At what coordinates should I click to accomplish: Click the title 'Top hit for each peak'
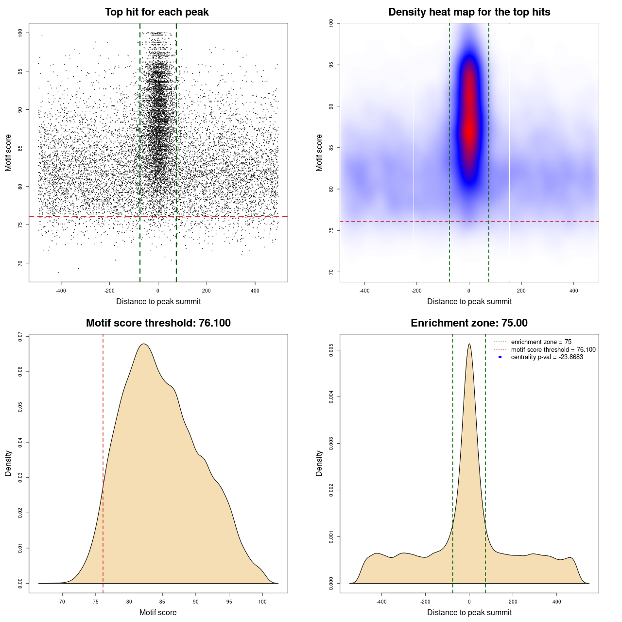click(x=156, y=12)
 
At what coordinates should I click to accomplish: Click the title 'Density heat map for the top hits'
click(x=469, y=12)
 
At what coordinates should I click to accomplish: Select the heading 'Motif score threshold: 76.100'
click(x=158, y=323)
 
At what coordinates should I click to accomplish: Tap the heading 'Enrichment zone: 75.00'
click(x=469, y=323)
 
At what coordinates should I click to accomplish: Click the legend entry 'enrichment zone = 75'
click(x=541, y=342)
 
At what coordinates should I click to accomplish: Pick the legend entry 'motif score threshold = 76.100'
click(x=553, y=349)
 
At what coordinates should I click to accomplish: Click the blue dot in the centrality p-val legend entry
click(x=500, y=357)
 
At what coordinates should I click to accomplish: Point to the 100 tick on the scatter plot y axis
click(x=20, y=33)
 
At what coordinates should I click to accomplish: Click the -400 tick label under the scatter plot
click(x=61, y=291)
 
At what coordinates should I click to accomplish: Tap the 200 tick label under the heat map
click(x=521, y=291)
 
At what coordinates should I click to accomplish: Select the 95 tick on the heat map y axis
click(x=331, y=65)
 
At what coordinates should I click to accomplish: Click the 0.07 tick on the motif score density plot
click(x=20, y=336)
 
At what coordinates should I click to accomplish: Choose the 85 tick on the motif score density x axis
click(x=162, y=602)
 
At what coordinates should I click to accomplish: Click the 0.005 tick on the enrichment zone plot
click(x=331, y=350)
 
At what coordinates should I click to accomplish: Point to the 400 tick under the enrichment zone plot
click(x=557, y=602)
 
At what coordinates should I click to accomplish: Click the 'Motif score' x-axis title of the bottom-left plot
click(x=158, y=612)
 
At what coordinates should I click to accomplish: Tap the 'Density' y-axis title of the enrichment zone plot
click(x=319, y=463)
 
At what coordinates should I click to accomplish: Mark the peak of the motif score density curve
click(x=143, y=344)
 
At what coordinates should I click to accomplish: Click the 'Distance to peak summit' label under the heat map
click(x=469, y=301)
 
